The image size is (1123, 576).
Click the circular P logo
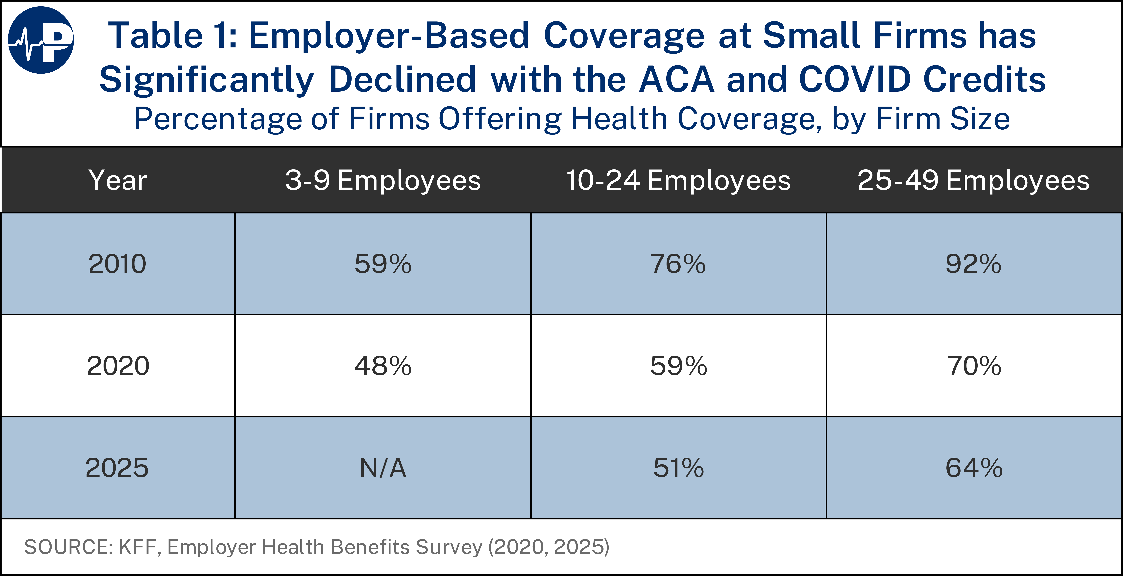tap(41, 40)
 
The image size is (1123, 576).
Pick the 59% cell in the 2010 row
tap(383, 264)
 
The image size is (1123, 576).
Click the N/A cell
tap(383, 468)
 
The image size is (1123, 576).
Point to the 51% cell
tap(678, 468)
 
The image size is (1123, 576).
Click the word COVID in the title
tap(854, 80)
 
